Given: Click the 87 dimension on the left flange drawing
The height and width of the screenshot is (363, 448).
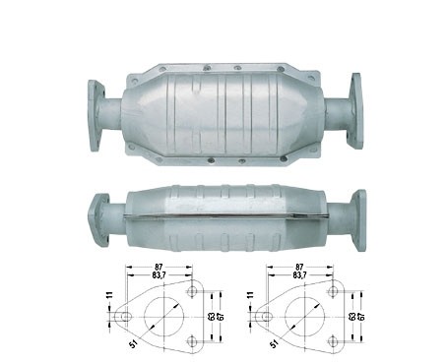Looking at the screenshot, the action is pos(159,268).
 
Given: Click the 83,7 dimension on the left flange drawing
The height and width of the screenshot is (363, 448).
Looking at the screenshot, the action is pos(159,275).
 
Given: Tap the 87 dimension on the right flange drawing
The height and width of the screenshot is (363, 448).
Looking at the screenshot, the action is pos(299,268).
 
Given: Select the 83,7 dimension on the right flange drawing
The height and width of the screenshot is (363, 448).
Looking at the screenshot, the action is pos(298,275).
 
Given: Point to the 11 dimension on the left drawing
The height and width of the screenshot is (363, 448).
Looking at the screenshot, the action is pos(110,294).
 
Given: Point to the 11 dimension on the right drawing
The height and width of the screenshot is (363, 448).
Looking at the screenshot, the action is pos(251,294).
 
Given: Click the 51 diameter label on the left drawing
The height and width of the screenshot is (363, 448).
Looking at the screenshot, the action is pos(133,344).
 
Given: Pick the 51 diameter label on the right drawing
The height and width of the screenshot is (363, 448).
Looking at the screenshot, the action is pos(275,344).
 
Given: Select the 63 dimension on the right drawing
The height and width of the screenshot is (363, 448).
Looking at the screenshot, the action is pos(352,317).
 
